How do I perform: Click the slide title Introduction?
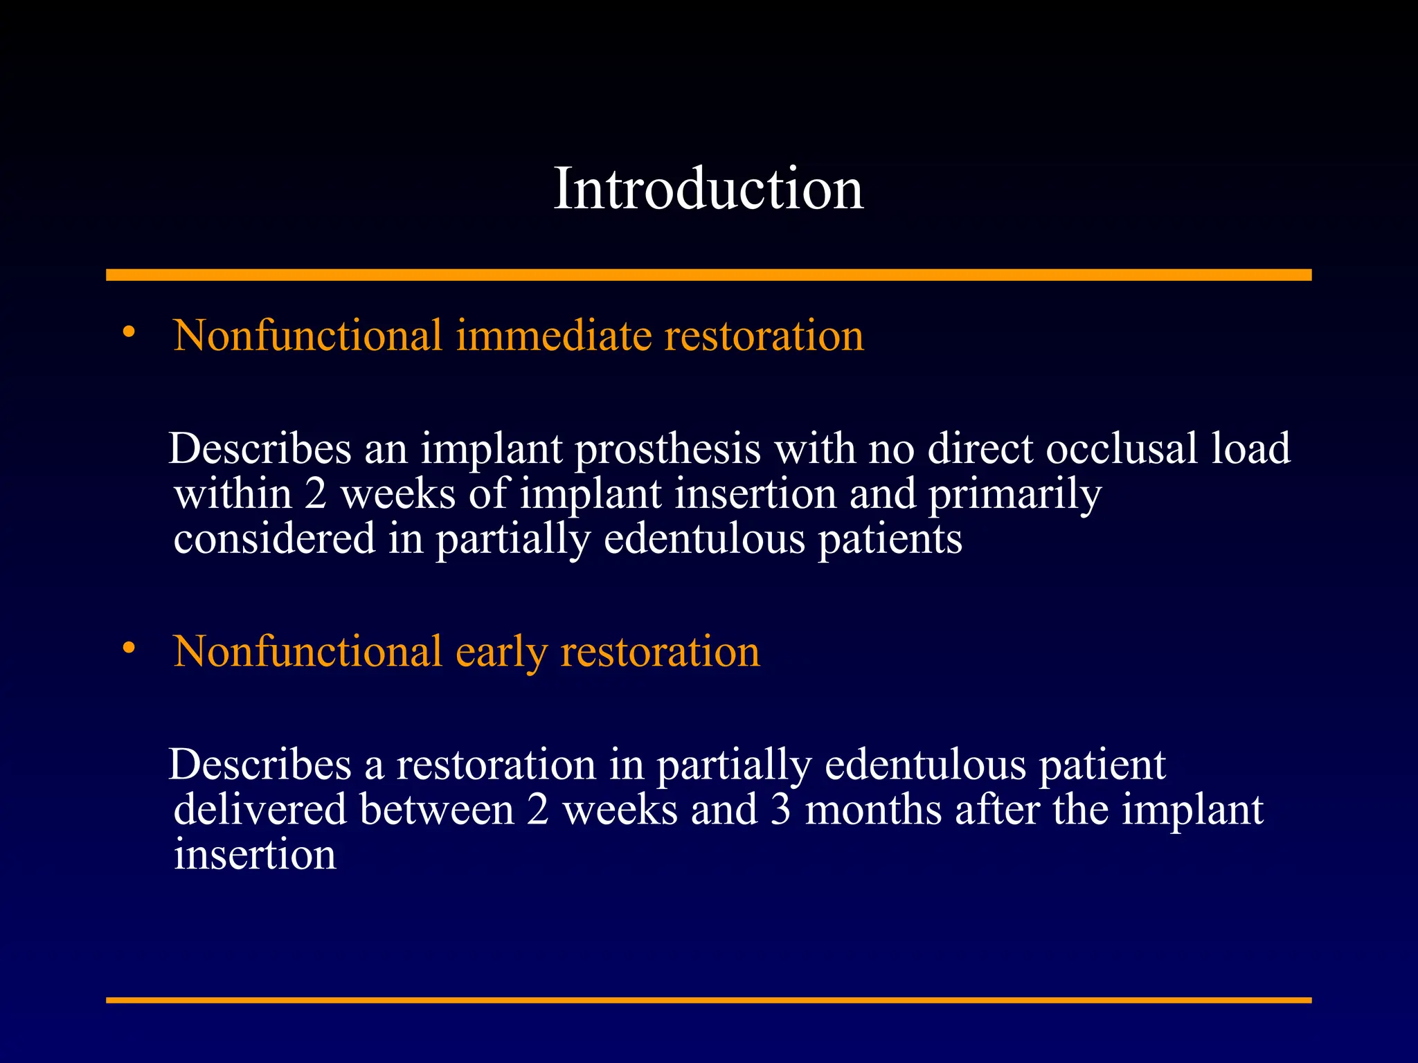click(708, 188)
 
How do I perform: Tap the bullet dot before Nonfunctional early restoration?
click(129, 648)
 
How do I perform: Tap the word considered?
click(274, 539)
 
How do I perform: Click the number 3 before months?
click(780, 810)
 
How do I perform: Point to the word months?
click(873, 810)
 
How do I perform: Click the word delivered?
click(260, 810)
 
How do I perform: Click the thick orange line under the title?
click(708, 275)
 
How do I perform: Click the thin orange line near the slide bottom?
click(708, 1000)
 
